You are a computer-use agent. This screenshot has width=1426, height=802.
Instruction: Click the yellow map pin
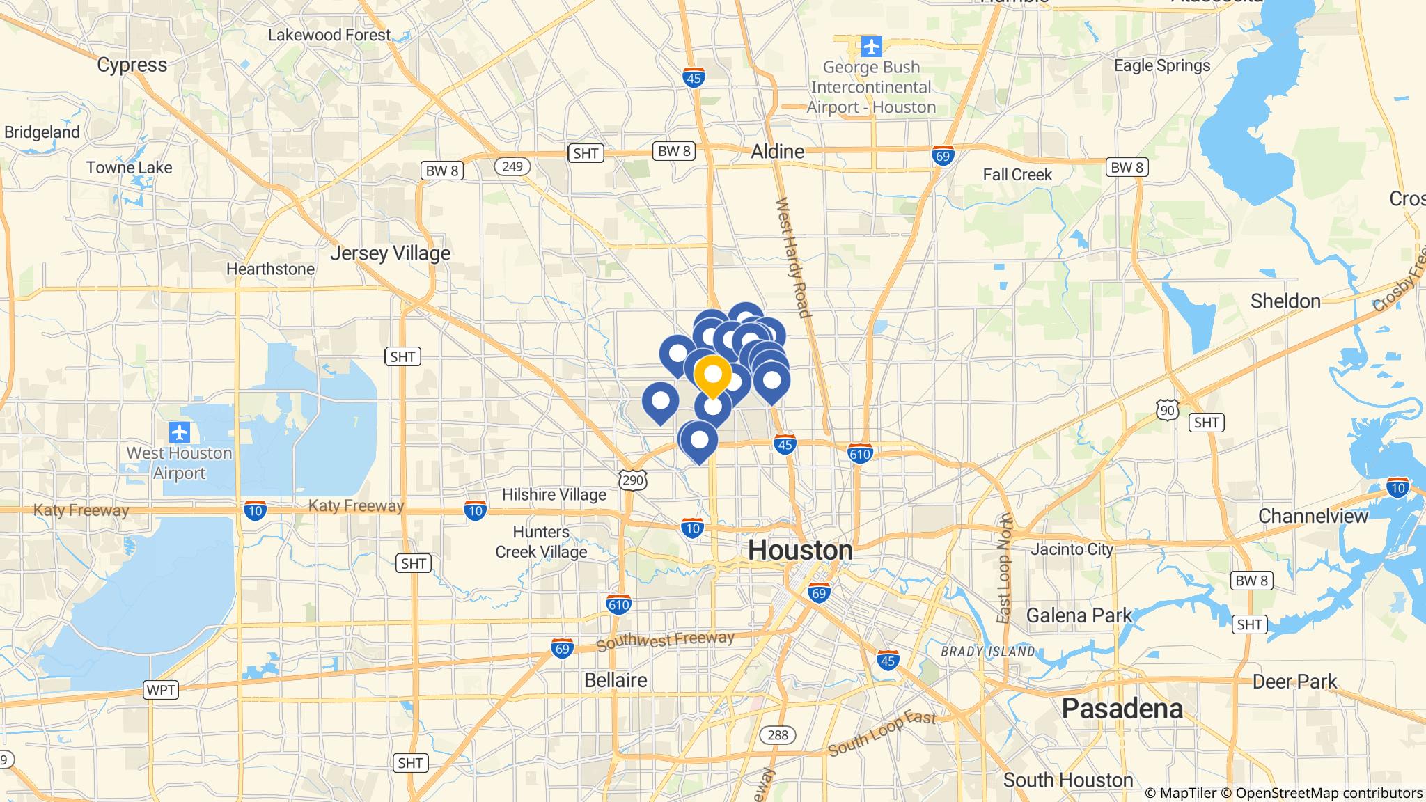[712, 375]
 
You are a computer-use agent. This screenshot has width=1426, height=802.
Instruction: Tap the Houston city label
[800, 550]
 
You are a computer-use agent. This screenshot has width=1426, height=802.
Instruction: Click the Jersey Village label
[390, 253]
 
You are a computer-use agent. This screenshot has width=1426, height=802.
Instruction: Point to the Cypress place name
[132, 65]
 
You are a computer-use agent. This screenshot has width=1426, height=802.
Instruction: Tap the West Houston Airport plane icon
[180, 432]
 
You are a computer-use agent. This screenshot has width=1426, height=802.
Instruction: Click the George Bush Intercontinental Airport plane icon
[871, 47]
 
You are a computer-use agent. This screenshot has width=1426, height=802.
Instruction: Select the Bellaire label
[616, 679]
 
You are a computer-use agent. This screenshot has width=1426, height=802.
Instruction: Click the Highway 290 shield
[633, 479]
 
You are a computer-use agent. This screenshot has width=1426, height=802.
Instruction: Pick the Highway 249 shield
[512, 166]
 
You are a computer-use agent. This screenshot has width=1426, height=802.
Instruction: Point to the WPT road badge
[161, 690]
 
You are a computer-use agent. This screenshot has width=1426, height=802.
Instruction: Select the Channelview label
[1313, 516]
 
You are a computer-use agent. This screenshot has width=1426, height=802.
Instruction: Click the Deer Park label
[1294, 681]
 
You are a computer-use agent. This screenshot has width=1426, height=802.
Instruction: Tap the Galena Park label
[1079, 615]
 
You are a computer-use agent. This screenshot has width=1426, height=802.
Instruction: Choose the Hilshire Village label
[554, 494]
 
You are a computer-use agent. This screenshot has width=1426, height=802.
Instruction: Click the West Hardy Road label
[793, 258]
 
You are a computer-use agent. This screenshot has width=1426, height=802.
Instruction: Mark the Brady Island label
[987, 652]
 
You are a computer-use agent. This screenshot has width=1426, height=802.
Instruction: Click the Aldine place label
[777, 151]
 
